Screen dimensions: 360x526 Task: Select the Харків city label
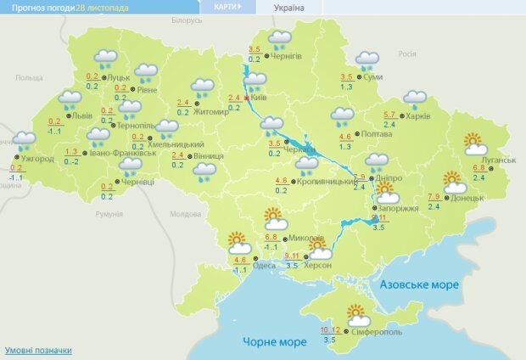417,116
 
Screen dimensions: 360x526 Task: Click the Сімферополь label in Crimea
373,330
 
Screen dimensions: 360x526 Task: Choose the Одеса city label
264,266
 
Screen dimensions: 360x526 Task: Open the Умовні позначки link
38,350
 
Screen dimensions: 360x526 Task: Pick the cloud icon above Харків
415,98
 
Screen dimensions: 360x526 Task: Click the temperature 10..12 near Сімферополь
330,329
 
